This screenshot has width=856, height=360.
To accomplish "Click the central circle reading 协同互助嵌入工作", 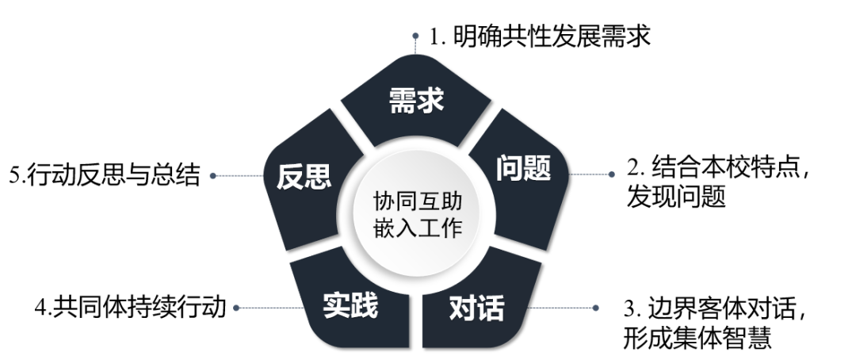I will (417, 210).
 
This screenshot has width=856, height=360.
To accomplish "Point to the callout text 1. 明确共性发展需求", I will (539, 37).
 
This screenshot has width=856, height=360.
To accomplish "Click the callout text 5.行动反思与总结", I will (104, 175).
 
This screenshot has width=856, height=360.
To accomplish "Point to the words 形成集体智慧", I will (697, 337).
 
